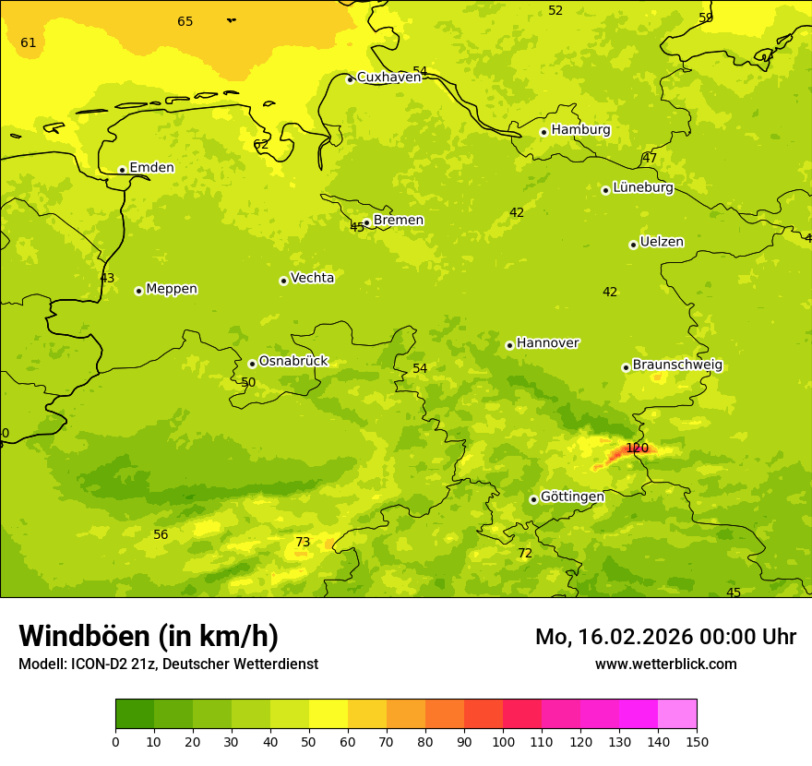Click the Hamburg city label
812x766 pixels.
tap(580, 130)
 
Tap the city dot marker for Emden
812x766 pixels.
tap(122, 170)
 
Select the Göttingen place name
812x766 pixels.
tap(572, 497)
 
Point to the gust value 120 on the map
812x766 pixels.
tap(637, 449)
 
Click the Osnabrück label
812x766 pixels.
tap(293, 362)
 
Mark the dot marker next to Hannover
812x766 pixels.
tap(509, 345)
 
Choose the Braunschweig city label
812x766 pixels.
tap(677, 365)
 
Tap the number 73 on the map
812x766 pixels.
tap(303, 543)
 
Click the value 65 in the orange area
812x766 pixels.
tap(185, 21)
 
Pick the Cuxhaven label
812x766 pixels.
tap(388, 78)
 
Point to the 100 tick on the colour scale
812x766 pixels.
tap(503, 741)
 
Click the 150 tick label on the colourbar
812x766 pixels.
tap(697, 741)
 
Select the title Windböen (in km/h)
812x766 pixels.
tap(149, 636)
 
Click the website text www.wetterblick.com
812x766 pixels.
tap(665, 664)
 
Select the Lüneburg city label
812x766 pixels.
tap(643, 187)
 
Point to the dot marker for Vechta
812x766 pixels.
tap(283, 281)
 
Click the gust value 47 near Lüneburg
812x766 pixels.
tap(650, 159)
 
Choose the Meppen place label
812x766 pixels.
tap(172, 289)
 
